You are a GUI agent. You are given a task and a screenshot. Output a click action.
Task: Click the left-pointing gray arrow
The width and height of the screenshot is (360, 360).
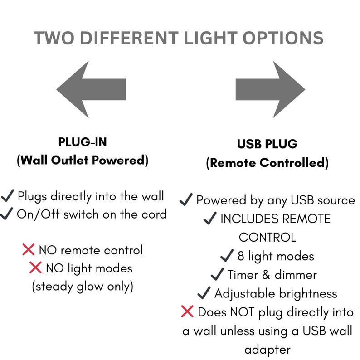point(91,89)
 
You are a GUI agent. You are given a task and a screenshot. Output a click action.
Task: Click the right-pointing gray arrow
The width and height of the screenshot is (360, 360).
point(271,89)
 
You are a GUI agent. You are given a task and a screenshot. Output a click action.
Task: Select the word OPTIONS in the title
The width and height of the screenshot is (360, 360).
point(283,38)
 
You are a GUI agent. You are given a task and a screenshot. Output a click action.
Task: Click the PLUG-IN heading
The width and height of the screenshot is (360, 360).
point(83,142)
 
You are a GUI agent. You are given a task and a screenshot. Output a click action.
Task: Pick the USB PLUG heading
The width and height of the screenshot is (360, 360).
point(267,144)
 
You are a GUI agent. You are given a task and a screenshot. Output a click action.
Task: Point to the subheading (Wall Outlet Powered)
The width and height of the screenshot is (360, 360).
point(83,160)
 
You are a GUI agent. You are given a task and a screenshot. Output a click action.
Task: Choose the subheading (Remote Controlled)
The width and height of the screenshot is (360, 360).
point(267,163)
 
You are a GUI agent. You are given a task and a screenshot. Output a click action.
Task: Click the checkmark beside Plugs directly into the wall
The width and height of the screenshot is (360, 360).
point(8,195)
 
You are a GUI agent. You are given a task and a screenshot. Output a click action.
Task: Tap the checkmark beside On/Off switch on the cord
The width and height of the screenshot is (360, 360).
point(6,214)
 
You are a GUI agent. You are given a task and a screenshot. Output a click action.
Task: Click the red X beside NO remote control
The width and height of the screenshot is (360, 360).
point(29,249)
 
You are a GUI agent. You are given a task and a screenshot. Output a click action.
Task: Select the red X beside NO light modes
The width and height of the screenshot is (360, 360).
point(35,268)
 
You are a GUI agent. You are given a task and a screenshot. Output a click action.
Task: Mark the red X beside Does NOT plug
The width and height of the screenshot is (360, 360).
point(187,311)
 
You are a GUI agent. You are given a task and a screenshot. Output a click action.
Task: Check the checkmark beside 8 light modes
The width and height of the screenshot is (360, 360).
point(227,256)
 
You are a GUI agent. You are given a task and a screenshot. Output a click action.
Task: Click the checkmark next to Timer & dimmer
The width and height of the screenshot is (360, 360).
point(217,274)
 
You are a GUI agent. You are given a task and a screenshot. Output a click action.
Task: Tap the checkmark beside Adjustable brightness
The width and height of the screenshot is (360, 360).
point(204,293)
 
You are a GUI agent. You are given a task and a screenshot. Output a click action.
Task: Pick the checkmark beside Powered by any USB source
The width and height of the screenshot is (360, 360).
point(186,199)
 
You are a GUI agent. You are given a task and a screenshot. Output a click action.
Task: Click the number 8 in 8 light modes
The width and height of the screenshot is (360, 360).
point(241,256)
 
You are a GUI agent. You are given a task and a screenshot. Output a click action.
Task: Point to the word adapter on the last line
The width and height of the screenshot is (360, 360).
point(268,350)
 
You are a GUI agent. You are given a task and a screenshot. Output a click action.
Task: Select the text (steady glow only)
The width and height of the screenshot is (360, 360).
point(83,287)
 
